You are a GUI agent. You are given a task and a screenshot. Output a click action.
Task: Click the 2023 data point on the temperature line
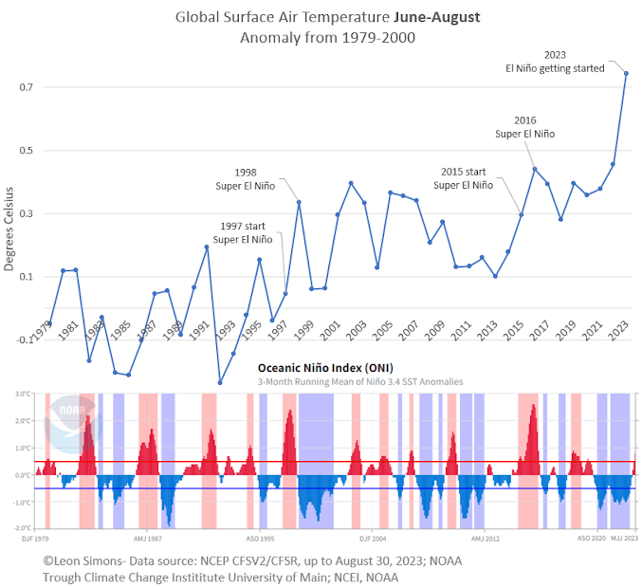(x=626, y=73)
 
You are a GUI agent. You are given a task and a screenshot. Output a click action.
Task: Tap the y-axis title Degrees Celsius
(x=9, y=229)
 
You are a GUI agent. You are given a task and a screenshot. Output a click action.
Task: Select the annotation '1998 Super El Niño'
(x=245, y=178)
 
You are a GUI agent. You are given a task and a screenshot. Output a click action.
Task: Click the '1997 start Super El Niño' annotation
(x=244, y=233)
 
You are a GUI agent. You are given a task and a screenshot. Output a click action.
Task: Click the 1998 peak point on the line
(x=299, y=201)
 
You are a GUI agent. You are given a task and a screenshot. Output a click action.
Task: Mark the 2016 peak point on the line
(x=535, y=169)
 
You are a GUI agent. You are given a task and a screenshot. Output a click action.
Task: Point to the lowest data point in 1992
(x=220, y=383)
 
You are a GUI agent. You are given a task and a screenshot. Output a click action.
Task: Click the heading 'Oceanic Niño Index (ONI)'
(x=325, y=368)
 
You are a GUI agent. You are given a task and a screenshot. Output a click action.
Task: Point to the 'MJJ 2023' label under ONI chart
(x=623, y=537)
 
